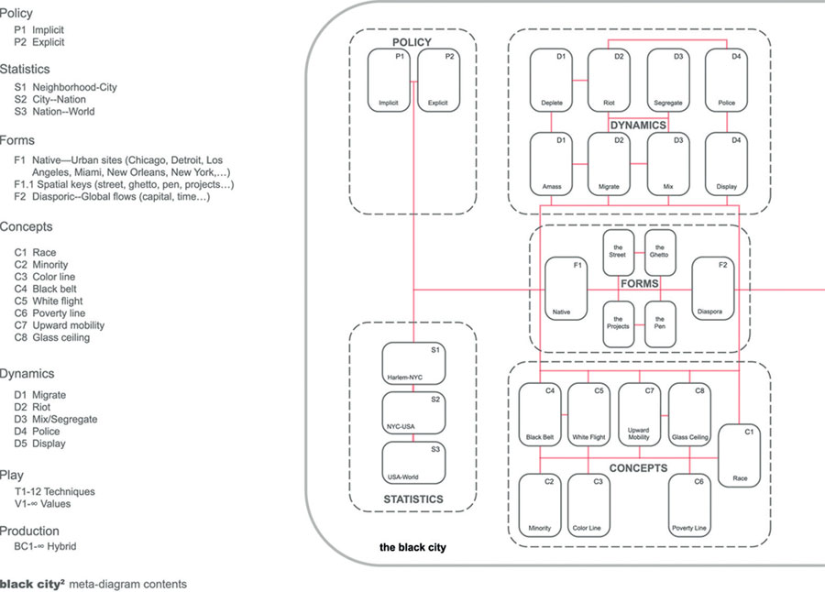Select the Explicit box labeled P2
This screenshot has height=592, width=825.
tap(437, 82)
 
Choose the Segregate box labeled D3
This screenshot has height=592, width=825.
tap(668, 80)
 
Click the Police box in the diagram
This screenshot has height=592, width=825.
tap(726, 80)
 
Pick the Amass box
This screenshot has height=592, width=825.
tap(552, 163)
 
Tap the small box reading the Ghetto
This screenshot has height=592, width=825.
tap(660, 252)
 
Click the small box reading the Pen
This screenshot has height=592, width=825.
tap(660, 323)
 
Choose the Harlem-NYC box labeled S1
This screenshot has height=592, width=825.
tap(413, 364)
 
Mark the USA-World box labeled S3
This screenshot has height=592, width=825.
tap(413, 464)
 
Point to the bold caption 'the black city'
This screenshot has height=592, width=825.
tap(412, 548)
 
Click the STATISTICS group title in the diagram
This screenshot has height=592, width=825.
tap(412, 499)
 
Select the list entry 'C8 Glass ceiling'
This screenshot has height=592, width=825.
tap(51, 337)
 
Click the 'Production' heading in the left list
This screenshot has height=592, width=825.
tap(29, 531)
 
